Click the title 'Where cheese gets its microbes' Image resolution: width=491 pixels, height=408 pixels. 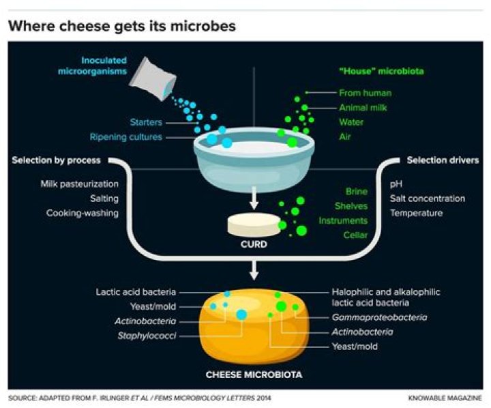[x=122, y=27]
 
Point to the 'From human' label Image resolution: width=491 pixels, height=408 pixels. [x=366, y=92]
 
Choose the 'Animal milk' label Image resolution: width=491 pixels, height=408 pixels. [x=365, y=107]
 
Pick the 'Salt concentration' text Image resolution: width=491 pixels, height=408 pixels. [x=428, y=199]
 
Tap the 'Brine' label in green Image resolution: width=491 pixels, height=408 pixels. [x=356, y=192]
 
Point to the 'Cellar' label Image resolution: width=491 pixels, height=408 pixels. [x=355, y=235]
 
